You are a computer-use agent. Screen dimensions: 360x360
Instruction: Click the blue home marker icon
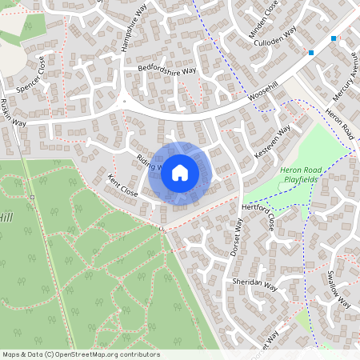pos(180,173)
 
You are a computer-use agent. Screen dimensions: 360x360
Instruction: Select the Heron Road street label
pos(341,120)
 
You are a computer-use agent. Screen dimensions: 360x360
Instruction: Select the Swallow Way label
pos(339,290)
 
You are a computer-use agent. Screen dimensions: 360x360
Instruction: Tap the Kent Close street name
pos(122,189)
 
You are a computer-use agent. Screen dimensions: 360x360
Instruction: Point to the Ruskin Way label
pos(14,112)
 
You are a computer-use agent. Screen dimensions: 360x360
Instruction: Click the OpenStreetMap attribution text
pos(80,354)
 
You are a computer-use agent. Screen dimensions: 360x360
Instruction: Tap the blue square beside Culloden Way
pos(311,53)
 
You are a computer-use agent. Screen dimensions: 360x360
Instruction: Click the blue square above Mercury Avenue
pos(334,38)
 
